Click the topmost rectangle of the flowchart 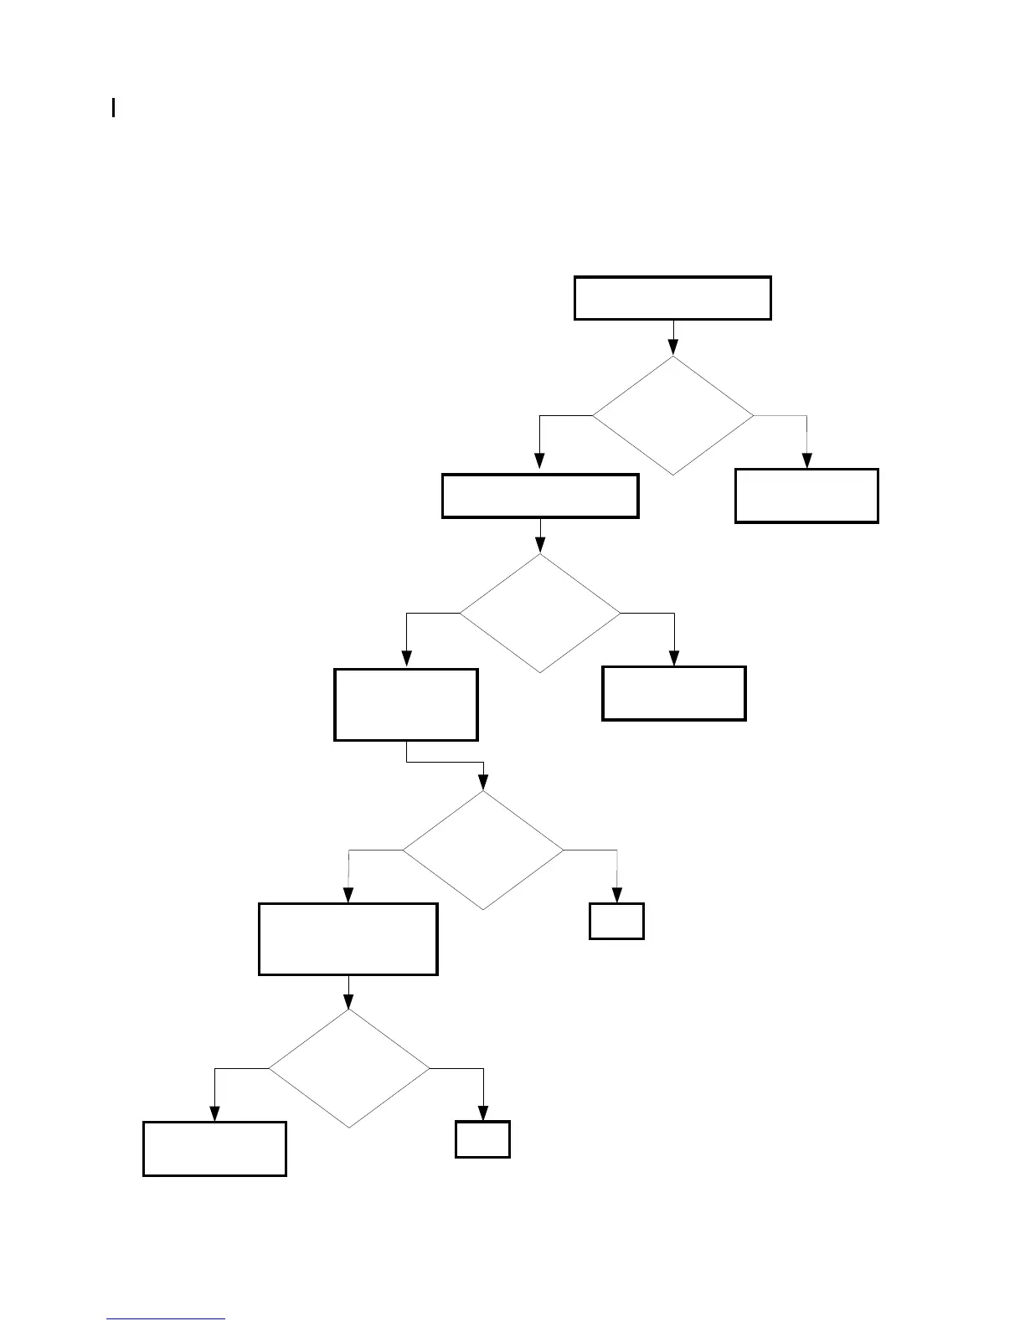tap(672, 298)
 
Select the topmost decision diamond tap(673, 415)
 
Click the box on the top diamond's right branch tap(806, 496)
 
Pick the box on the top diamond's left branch tap(540, 496)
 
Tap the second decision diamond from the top tap(540, 613)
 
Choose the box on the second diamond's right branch tap(674, 693)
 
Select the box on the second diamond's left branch tap(406, 704)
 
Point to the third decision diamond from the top tap(483, 851)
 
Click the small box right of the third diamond tap(617, 921)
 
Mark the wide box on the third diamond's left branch tap(348, 938)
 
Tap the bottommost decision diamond tap(348, 1068)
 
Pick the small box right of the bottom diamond tap(483, 1139)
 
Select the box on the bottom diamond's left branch tap(215, 1149)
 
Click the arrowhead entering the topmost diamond tap(673, 348)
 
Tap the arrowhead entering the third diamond tap(483, 784)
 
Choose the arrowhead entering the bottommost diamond tap(348, 1002)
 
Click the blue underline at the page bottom tap(167, 1319)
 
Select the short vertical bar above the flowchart tap(113, 108)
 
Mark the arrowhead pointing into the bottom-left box tap(215, 1113)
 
